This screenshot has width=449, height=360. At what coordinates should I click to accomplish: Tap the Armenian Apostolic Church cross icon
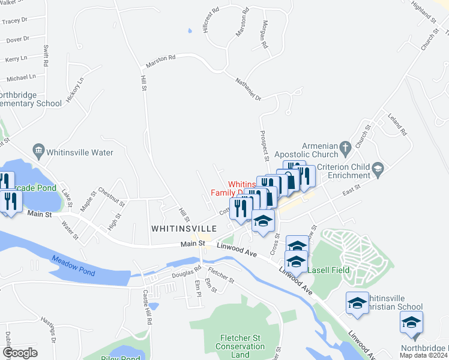[345, 146]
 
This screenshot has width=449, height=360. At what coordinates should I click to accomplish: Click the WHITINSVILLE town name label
[187, 229]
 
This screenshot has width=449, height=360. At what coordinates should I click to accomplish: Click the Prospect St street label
[264, 146]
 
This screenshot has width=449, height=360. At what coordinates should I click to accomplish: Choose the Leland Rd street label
[397, 124]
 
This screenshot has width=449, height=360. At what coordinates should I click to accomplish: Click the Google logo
[20, 353]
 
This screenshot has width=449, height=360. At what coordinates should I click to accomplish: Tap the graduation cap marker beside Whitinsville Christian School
[358, 302]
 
